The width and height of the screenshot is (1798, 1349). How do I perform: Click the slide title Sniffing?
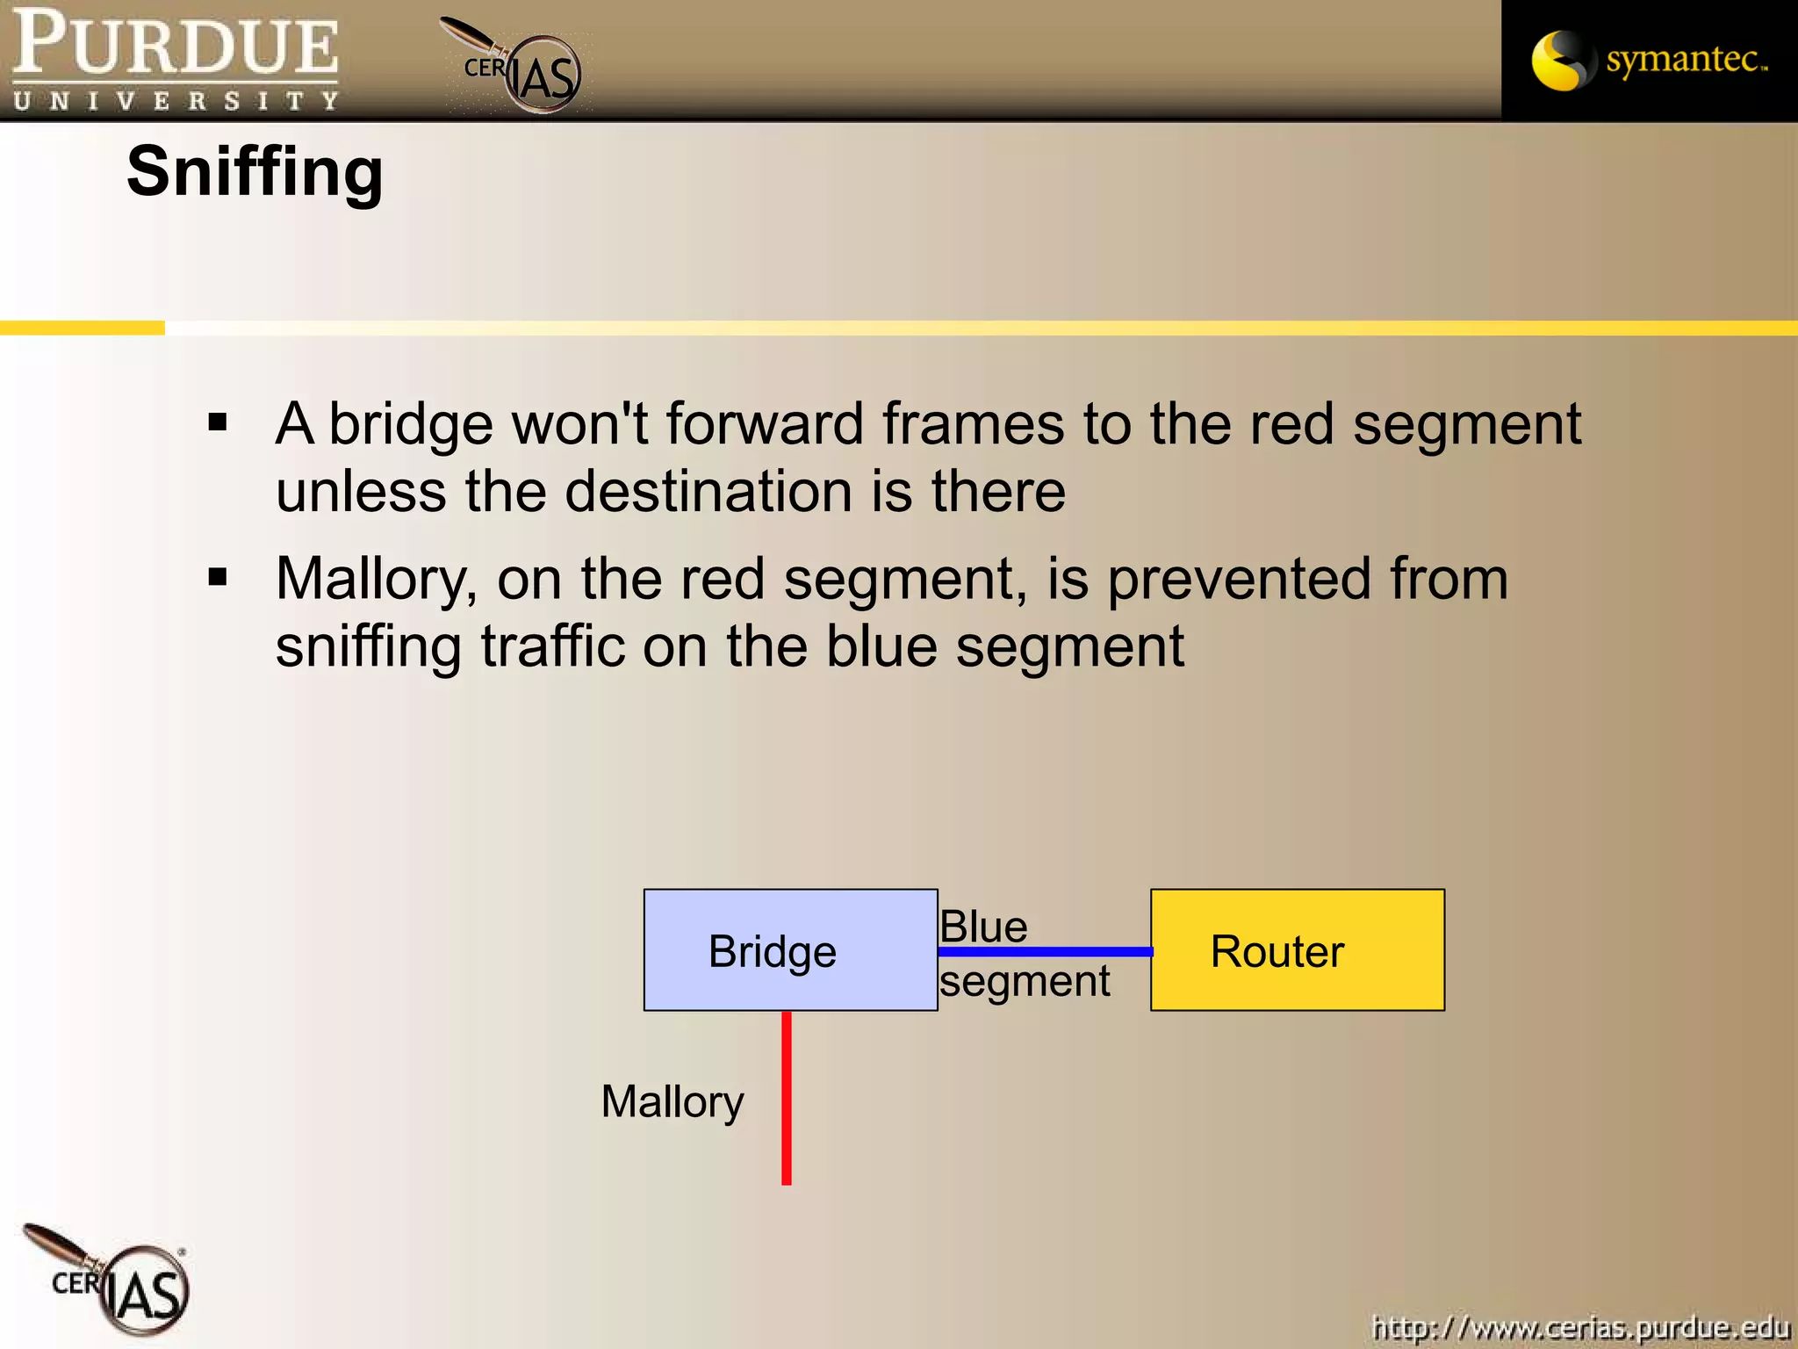click(255, 172)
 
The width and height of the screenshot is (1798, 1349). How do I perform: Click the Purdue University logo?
click(176, 60)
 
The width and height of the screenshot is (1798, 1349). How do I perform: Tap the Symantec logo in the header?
click(1649, 60)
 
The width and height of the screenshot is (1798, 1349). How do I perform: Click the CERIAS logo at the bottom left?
click(110, 1282)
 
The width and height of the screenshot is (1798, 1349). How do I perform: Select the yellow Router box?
click(1297, 950)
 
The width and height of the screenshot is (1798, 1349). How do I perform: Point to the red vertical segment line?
click(787, 1098)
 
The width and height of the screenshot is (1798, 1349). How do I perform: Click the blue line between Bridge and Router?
click(1045, 952)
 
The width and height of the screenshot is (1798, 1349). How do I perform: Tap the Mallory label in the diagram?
click(672, 1101)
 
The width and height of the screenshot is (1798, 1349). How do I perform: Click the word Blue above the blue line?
click(983, 927)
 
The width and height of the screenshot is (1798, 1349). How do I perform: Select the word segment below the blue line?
click(1024, 981)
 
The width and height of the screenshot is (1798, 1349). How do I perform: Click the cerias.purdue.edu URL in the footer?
click(1580, 1326)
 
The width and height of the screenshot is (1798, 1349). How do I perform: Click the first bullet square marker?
click(218, 423)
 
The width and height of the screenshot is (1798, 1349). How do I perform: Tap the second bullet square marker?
click(218, 578)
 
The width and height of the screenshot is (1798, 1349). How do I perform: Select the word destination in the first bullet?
click(708, 491)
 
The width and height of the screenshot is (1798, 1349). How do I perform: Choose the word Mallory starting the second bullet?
click(376, 580)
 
